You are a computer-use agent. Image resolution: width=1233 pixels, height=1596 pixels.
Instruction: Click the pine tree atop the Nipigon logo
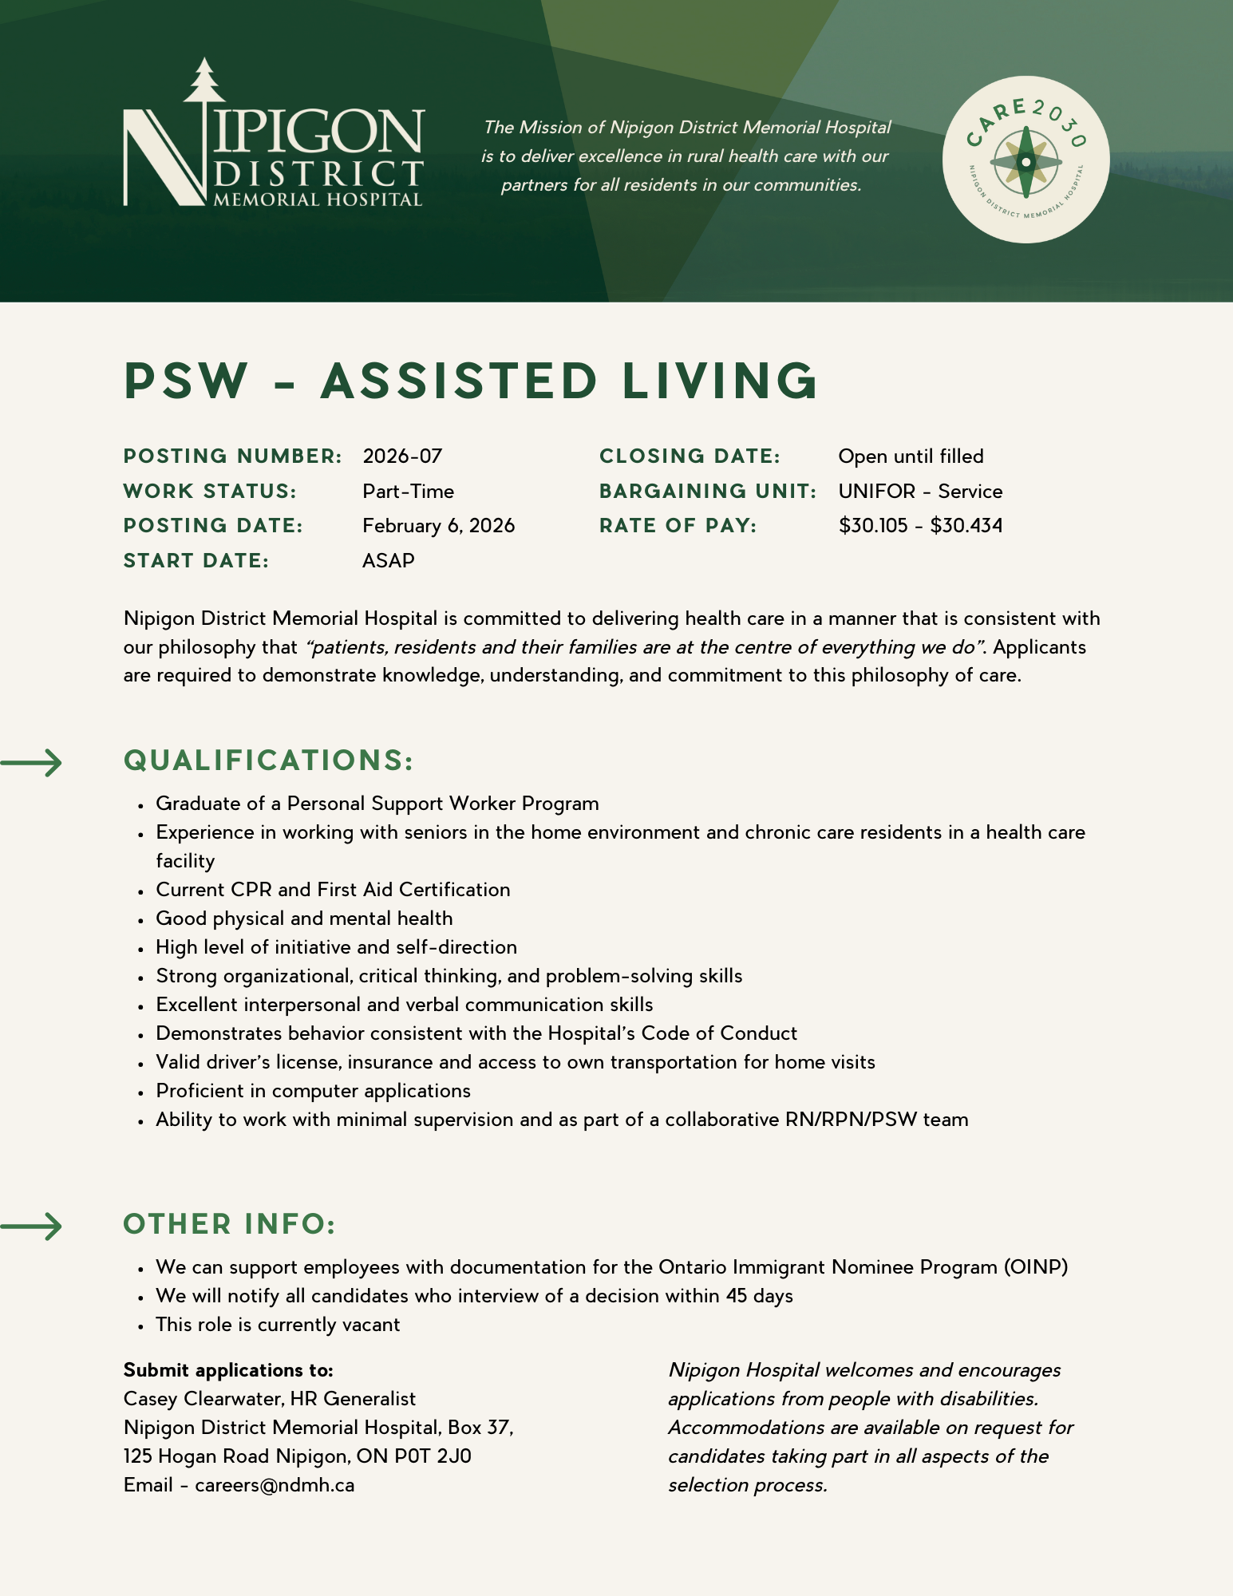[205, 81]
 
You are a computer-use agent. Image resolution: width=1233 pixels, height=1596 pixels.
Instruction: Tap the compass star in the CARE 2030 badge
[1026, 162]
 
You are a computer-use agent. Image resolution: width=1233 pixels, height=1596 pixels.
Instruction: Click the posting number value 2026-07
[402, 456]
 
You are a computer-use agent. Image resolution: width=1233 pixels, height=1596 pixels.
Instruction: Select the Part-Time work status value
[408, 492]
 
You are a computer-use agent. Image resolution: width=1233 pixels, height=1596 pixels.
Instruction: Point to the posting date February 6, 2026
[438, 526]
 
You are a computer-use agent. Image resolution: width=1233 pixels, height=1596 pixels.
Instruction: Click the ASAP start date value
[389, 561]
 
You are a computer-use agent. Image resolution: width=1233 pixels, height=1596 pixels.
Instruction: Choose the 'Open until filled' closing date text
[911, 456]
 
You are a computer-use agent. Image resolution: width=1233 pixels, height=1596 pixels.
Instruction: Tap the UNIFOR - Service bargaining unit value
[920, 492]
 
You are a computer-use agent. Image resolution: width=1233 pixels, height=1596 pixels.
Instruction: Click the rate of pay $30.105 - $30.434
[920, 526]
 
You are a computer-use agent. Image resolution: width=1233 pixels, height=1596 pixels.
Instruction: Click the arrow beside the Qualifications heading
[32, 763]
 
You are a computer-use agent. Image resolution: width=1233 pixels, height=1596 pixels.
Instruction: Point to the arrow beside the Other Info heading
[32, 1227]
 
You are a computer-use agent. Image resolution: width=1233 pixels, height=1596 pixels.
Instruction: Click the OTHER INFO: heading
[230, 1224]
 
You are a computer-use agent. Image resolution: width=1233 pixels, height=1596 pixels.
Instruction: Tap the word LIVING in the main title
[720, 381]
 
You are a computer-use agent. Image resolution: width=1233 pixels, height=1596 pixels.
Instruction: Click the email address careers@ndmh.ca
[275, 1485]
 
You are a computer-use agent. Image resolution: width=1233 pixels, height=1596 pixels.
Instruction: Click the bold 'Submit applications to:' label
[228, 1370]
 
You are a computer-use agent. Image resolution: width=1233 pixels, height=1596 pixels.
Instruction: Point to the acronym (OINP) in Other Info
[1036, 1267]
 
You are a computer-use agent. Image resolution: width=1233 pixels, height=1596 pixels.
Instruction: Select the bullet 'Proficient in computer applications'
[313, 1091]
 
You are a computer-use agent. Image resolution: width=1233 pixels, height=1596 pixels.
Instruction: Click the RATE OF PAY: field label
[678, 526]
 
